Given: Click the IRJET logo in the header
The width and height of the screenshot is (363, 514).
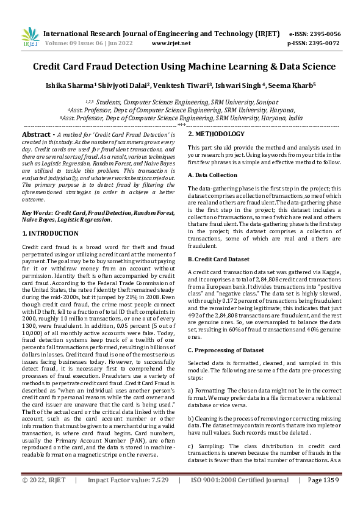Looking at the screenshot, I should [30, 38].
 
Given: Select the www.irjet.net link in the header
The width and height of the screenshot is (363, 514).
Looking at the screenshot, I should [168, 44].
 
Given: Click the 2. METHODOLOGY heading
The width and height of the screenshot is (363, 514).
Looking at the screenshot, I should [216, 134].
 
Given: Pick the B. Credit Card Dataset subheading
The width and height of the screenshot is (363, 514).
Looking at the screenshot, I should [218, 259].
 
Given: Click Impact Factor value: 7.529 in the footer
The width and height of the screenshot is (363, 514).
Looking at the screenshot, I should [123, 498].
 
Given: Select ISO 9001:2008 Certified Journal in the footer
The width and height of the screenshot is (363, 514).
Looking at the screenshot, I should [239, 498].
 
